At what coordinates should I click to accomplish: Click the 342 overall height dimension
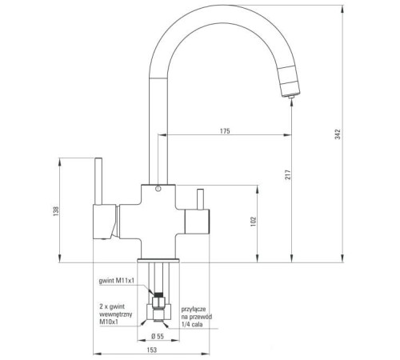(338, 134)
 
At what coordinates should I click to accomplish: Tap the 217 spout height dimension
(288, 174)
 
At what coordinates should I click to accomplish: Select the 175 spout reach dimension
(225, 131)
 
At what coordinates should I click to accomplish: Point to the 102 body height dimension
(254, 222)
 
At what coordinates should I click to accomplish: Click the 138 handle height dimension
(56, 211)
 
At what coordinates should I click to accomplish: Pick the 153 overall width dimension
(152, 350)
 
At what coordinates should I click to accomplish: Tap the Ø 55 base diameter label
(158, 336)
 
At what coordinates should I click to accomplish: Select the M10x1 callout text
(109, 322)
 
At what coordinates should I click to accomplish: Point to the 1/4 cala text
(192, 324)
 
